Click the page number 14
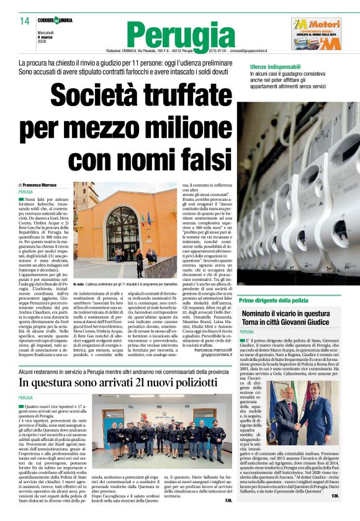point(24,21)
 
